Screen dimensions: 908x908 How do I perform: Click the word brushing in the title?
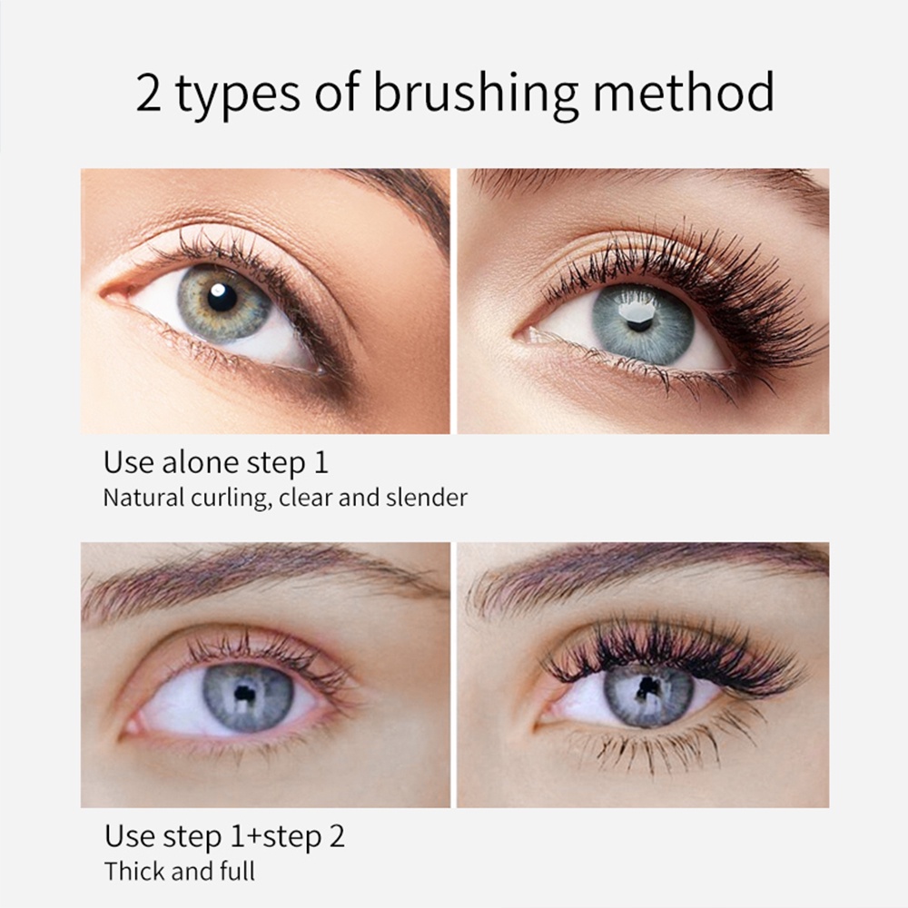[475, 94]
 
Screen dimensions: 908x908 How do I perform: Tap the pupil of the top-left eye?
[222, 297]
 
